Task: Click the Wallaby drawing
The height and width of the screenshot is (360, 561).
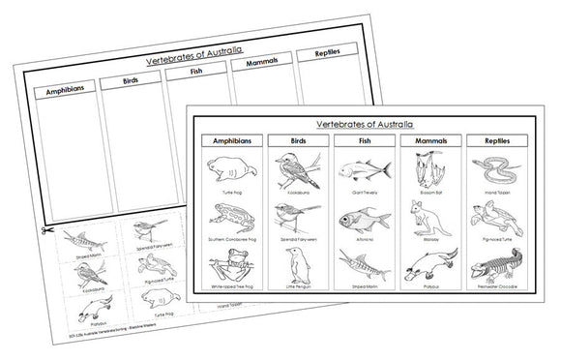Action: click(420, 218)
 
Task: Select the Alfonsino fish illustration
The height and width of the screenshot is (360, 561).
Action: click(356, 217)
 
